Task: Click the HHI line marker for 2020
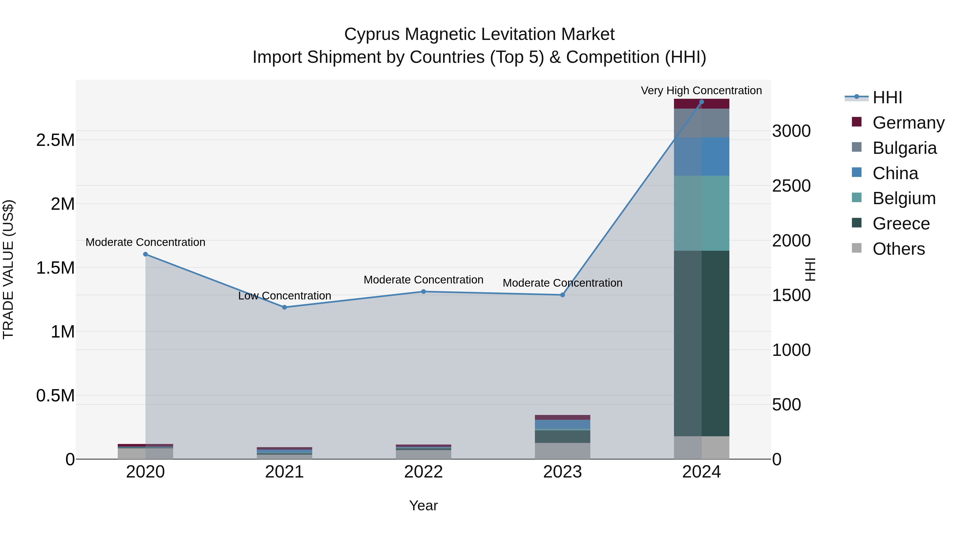[145, 254]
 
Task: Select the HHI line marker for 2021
[285, 307]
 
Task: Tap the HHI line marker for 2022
[423, 292]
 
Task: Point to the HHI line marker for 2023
[563, 295]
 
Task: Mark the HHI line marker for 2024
[701, 102]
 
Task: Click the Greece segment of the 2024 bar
[701, 343]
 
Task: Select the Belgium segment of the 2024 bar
[701, 213]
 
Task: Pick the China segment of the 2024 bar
[701, 157]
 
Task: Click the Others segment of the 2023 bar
[563, 451]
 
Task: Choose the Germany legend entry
[908, 123]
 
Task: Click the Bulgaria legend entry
[904, 148]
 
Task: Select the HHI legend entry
[887, 97]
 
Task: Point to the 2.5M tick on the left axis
[55, 140]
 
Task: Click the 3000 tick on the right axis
[791, 131]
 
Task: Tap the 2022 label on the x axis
[423, 472]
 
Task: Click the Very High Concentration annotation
[701, 90]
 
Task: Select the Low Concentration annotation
[285, 296]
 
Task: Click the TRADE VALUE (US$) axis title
[8, 269]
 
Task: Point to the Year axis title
[423, 505]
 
